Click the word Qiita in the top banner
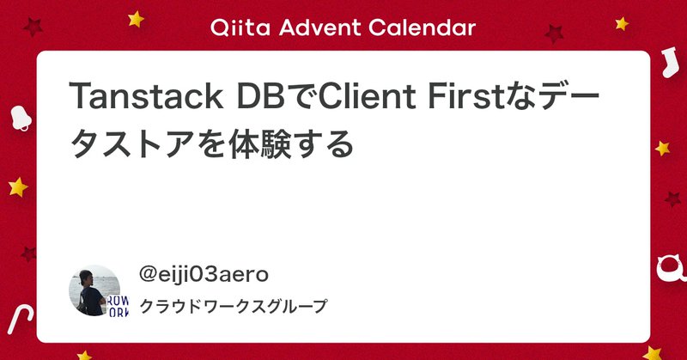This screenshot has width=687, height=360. (x=235, y=27)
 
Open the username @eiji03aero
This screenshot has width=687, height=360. (x=204, y=274)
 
